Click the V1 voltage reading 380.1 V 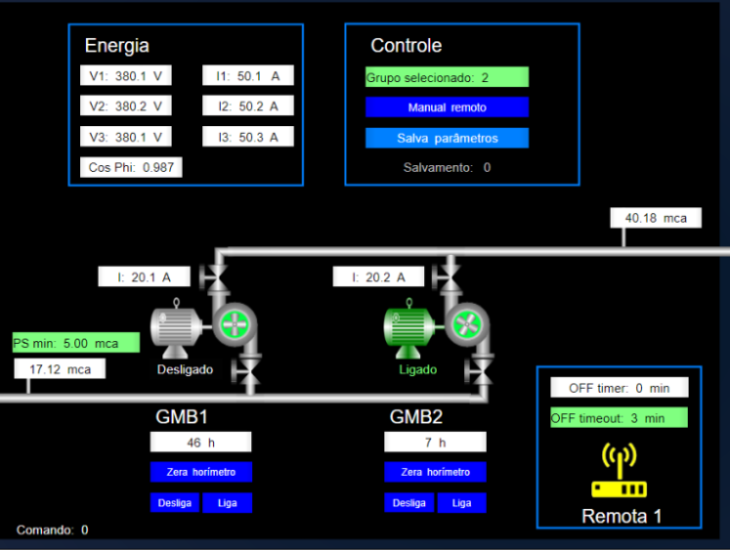(x=126, y=76)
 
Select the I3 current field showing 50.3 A (x=248, y=137)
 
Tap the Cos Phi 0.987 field (x=131, y=167)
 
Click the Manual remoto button (x=447, y=107)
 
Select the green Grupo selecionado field (x=447, y=77)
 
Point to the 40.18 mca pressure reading (x=656, y=217)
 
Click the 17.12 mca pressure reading (x=60, y=369)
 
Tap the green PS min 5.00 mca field (x=75, y=343)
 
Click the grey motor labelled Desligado (x=176, y=327)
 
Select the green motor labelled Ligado (x=409, y=327)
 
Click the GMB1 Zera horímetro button (x=200, y=472)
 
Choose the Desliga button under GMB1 (x=175, y=503)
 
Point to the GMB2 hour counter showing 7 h (x=435, y=443)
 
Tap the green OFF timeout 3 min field (x=619, y=418)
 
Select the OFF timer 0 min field (x=619, y=388)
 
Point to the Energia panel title (x=117, y=46)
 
